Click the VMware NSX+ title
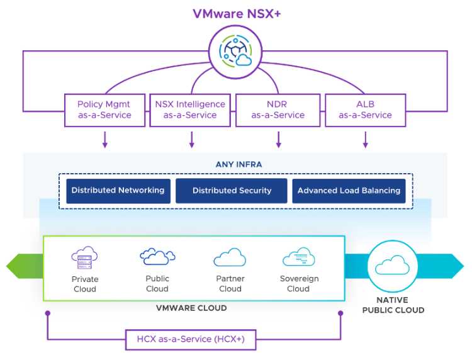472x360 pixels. [237, 14]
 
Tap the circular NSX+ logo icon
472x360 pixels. [235, 52]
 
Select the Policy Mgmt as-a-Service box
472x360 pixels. [104, 110]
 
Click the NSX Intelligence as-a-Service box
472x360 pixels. [190, 110]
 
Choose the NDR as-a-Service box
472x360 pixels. [278, 110]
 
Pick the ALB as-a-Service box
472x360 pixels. [366, 110]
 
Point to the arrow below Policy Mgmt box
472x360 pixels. [104, 139]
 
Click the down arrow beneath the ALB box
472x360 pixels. [366, 139]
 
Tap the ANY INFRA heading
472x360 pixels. [239, 164]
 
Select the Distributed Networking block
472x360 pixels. [118, 191]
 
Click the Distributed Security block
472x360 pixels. [232, 191]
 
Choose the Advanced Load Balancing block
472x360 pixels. [349, 191]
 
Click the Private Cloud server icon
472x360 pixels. [84, 257]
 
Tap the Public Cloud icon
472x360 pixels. [157, 256]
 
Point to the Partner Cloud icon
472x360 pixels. [230, 257]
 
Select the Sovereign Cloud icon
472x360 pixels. [298, 257]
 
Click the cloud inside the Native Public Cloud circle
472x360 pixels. [392, 265]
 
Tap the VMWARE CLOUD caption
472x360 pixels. [191, 308]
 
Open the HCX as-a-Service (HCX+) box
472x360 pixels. [191, 339]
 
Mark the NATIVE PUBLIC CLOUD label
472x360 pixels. [393, 305]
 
